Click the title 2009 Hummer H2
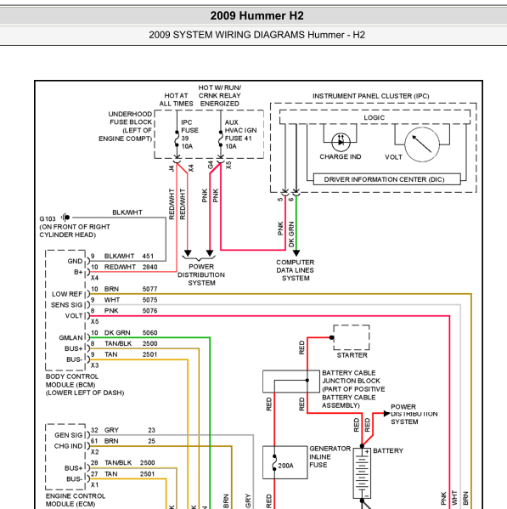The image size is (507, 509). point(257,15)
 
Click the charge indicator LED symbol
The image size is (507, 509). point(341,142)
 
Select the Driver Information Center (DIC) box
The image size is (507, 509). point(387,179)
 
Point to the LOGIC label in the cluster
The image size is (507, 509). point(374,117)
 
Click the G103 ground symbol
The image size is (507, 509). point(65,218)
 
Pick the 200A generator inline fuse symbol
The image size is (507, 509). point(274,462)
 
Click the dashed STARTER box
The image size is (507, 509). point(352,337)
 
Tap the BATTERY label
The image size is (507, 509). point(388,450)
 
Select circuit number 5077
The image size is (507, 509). point(149,289)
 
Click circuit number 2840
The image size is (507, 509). point(149,267)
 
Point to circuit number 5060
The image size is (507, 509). point(149,333)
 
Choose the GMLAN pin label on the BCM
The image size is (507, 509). point(70,337)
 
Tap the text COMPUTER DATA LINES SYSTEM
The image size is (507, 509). point(296,270)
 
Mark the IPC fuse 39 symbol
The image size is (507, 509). point(177,139)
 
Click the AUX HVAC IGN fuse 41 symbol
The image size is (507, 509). point(221,139)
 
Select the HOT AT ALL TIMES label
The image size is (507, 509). point(176,99)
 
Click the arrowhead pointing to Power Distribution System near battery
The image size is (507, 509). point(386,413)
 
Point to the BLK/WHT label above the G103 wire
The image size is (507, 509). point(127,212)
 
